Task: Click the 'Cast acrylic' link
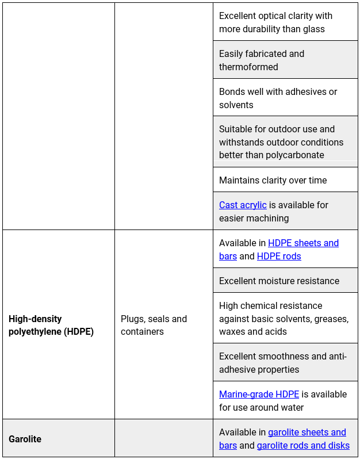[243, 205]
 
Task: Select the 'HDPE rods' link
[279, 257]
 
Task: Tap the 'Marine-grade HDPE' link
[259, 395]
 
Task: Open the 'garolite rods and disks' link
[303, 446]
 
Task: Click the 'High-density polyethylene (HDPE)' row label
[51, 325]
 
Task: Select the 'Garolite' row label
[25, 439]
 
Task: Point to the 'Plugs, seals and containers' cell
[154, 325]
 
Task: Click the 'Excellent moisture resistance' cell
[279, 281]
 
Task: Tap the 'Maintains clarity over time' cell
[273, 181]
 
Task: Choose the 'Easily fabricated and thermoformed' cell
[262, 60]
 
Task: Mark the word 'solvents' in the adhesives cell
[236, 105]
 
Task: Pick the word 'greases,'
[328, 319]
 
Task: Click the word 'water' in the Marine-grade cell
[291, 408]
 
